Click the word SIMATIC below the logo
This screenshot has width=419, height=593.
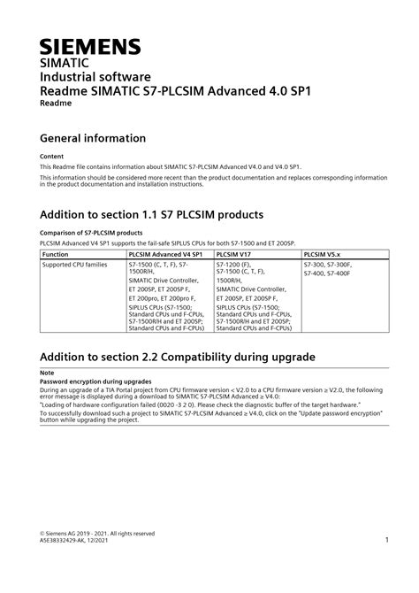click(64, 64)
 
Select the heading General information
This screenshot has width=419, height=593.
click(93, 138)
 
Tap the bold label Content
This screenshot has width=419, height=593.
click(52, 156)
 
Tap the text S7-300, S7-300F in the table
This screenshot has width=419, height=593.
click(327, 265)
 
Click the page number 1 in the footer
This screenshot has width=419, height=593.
click(387, 540)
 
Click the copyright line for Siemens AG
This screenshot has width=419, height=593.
click(97, 533)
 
